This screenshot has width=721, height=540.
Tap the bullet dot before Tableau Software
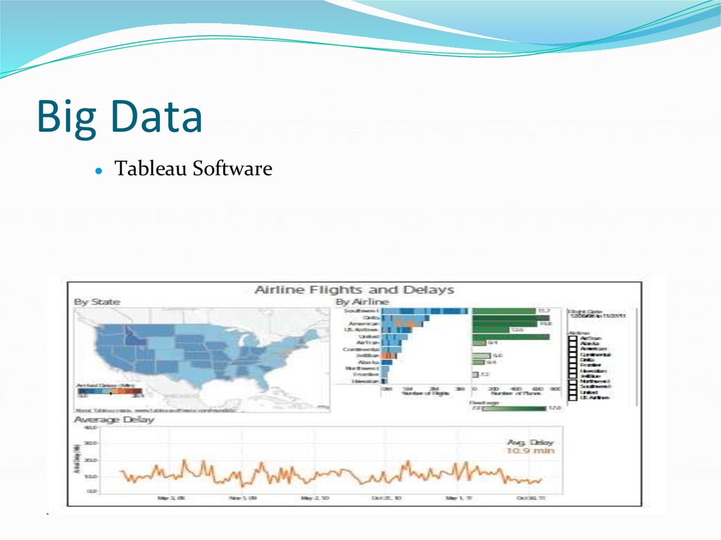point(99,171)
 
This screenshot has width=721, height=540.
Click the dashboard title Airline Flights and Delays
point(353,289)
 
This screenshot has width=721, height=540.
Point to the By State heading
point(97,301)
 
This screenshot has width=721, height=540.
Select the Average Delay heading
point(114,420)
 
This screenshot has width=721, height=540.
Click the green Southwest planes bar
point(503,310)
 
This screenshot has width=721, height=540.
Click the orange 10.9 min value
point(529,451)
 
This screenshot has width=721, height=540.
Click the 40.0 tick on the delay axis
point(91,428)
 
